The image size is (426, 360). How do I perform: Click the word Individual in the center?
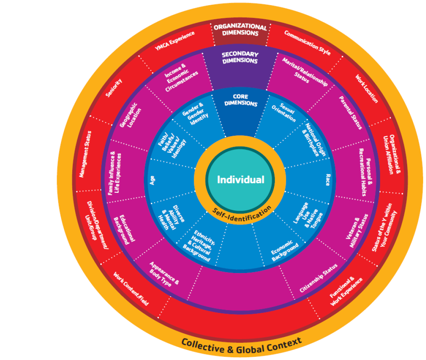pos(240,180)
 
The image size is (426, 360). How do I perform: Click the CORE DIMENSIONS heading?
pos(241,100)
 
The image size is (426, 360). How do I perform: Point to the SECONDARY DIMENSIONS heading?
pos(240,57)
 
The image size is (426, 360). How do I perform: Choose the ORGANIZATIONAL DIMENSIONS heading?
pos(240,30)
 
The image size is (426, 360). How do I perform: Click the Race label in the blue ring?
pos(328,180)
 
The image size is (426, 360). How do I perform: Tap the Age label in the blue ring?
pos(152,180)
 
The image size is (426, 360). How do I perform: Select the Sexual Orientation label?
pos(284,113)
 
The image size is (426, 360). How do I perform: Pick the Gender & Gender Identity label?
pos(196,114)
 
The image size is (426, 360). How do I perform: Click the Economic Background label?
pos(284,251)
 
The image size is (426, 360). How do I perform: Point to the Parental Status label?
pos(351,113)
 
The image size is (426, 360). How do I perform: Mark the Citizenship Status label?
pos(319,278)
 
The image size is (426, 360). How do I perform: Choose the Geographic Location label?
pos(131,115)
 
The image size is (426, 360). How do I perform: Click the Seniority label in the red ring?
pos(114,88)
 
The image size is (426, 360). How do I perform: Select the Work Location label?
pos(367,89)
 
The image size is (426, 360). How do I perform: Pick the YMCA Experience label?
pos(175,41)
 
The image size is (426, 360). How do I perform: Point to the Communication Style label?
pos(307,43)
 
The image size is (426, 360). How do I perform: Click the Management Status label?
pos(85,154)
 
